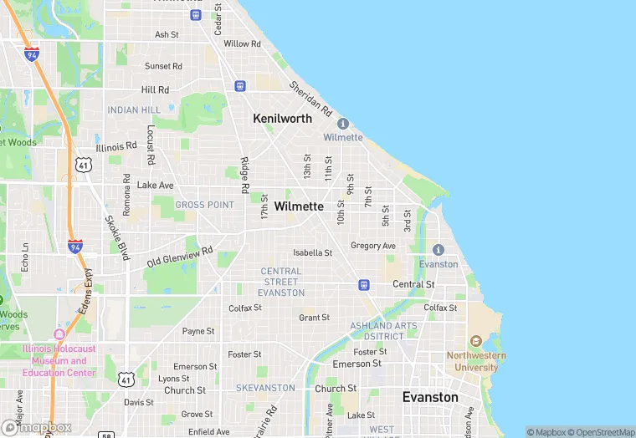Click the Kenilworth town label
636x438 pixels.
(282, 119)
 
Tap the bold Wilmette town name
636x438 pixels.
(299, 206)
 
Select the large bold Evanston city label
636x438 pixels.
(430, 397)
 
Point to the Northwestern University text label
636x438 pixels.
(476, 361)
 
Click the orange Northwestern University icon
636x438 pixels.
(476, 342)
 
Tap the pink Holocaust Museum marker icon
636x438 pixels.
(59, 334)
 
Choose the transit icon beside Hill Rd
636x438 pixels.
(240, 85)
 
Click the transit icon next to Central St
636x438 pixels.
(364, 284)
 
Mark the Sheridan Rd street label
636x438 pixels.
(311, 99)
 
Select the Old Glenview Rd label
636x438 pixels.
(180, 256)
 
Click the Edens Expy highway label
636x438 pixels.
(86, 292)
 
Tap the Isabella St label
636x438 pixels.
(312, 252)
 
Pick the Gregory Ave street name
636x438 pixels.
(372, 246)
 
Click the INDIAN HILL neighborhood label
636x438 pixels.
(134, 110)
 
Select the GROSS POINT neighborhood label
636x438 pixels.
(204, 205)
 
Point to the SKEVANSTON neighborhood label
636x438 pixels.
(265, 388)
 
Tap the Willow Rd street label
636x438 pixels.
(243, 43)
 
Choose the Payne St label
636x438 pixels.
(198, 331)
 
